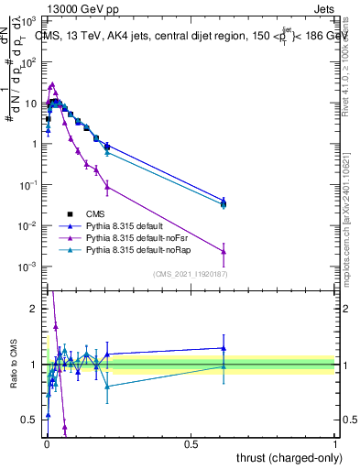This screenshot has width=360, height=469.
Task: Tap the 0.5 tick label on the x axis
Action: coord(191,442)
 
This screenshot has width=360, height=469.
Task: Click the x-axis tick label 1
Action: coord(335,442)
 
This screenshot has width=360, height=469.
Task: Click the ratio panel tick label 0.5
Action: coord(31,420)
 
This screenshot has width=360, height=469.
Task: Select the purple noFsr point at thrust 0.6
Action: coord(224,251)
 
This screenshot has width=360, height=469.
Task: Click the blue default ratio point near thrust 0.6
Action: coord(224,348)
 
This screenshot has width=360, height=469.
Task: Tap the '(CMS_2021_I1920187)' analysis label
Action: coord(189,274)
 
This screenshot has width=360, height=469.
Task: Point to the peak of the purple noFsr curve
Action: coord(52,84)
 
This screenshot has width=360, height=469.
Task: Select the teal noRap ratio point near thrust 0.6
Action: coord(224,366)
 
